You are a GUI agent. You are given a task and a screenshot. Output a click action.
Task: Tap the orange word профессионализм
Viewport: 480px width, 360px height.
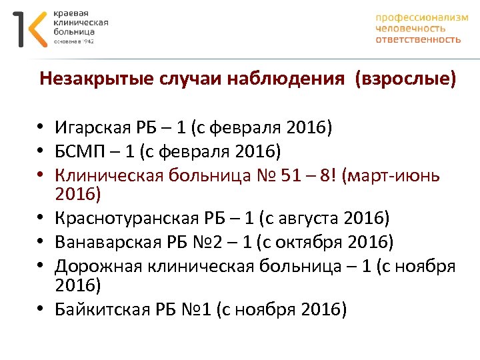point(422,18)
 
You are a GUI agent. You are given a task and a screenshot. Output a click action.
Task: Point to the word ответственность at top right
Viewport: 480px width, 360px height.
point(418,39)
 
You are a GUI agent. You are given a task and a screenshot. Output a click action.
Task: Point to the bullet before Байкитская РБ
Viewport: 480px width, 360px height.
point(41,310)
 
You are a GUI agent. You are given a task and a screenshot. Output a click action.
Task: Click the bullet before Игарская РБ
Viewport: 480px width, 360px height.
point(41,127)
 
